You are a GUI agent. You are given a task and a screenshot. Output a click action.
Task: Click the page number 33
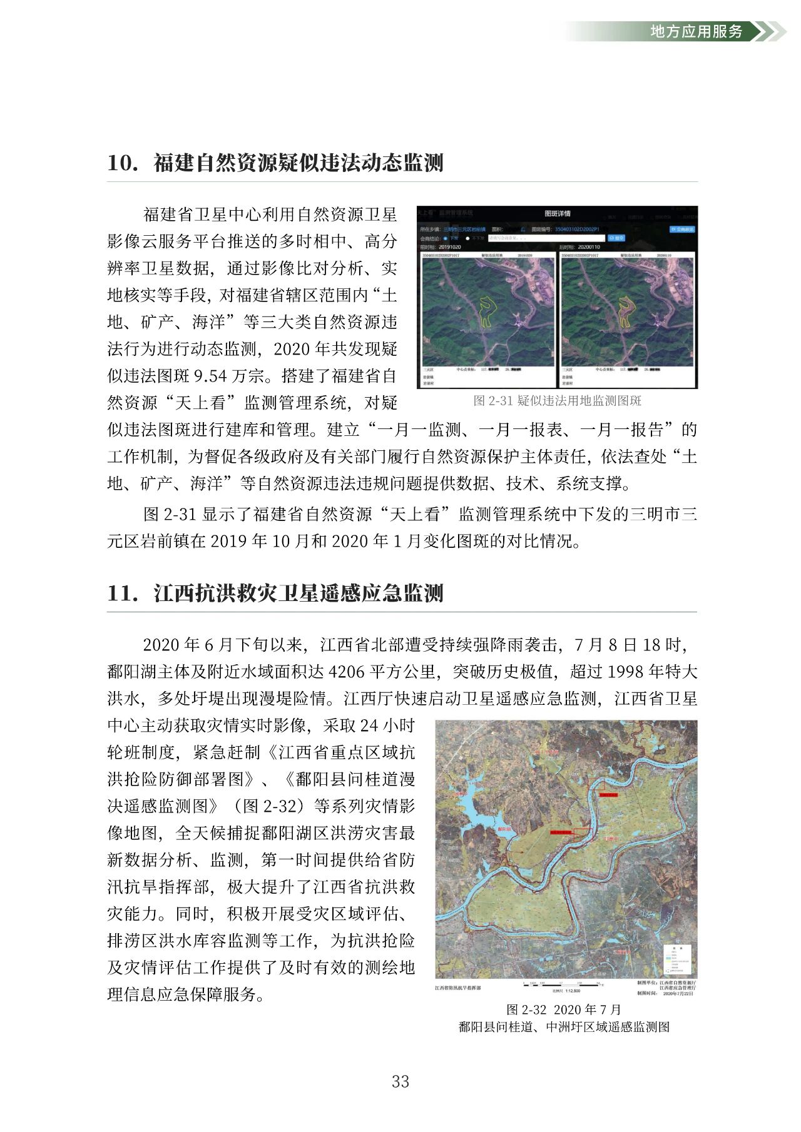pos(400,1081)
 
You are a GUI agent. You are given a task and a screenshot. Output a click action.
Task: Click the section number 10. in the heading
pos(123,163)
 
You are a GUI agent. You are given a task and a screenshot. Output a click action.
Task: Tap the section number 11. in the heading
pos(123,593)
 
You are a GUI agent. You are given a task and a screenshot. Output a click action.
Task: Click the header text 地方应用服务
pos(696,31)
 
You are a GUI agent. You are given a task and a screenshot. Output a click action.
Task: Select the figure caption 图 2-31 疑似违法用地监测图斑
pos(557,401)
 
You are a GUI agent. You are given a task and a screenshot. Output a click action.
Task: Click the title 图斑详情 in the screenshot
pos(557,214)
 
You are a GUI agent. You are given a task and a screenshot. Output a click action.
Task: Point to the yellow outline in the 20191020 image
pos(487,311)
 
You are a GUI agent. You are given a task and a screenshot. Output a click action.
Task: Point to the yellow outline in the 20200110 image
pos(626,311)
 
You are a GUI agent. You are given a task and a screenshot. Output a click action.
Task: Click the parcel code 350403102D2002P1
pos(577,230)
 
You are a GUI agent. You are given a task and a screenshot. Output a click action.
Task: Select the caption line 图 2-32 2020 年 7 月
pos(563,1009)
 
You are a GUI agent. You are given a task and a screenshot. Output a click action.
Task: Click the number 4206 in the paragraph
pos(346,672)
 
